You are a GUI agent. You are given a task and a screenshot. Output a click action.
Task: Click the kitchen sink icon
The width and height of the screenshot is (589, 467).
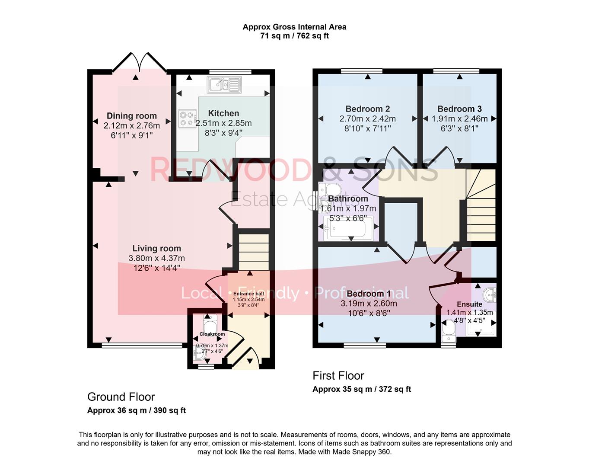224,85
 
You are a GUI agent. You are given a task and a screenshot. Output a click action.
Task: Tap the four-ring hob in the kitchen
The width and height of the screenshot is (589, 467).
188,119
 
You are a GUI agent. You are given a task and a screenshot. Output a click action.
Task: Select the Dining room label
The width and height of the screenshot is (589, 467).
132,116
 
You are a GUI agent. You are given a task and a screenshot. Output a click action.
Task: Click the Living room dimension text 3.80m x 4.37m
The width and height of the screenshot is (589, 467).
156,258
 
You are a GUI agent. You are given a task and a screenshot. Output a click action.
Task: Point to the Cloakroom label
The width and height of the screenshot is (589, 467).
212,334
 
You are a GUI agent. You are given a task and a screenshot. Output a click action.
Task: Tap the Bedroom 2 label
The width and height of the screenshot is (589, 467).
368,109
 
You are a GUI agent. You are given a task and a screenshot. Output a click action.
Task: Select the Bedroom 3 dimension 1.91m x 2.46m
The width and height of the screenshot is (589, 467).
459,119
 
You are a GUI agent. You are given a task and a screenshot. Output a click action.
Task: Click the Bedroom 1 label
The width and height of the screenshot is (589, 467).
369,294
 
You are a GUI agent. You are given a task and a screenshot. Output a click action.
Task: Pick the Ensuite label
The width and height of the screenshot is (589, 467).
470,304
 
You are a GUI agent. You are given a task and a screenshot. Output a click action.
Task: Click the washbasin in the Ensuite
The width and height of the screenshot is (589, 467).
490,295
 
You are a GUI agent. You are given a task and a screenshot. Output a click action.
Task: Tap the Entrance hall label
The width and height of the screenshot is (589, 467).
248,294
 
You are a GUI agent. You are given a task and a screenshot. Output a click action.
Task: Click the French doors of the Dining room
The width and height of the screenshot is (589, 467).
140,62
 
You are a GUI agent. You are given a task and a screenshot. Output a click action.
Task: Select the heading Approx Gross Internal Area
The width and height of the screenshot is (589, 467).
295,27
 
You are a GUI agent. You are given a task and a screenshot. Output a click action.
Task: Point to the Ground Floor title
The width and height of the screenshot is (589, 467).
121,397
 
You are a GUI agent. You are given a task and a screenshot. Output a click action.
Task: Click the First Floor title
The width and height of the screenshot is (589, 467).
338,375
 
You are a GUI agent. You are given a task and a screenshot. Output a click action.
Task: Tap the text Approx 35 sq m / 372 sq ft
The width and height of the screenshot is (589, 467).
362,389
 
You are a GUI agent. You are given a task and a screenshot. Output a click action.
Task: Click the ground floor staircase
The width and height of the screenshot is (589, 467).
254,252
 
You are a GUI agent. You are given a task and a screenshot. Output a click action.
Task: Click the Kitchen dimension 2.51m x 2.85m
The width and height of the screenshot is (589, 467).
223,123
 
